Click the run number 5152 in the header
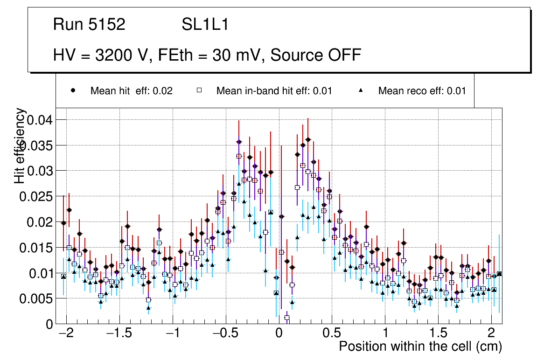tap(107, 24)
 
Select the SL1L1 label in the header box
tap(205, 24)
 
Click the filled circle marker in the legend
tap(73, 90)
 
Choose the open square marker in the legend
tap(199, 90)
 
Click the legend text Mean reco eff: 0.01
tap(422, 91)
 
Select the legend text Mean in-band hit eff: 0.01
tap(274, 91)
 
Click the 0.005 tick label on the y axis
tap(35, 298)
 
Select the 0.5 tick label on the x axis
tap(332, 334)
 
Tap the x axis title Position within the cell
tap(420, 347)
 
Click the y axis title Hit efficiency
tap(20, 145)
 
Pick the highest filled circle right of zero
tap(308, 139)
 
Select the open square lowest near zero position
tap(287, 318)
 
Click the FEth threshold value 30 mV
tap(238, 55)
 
